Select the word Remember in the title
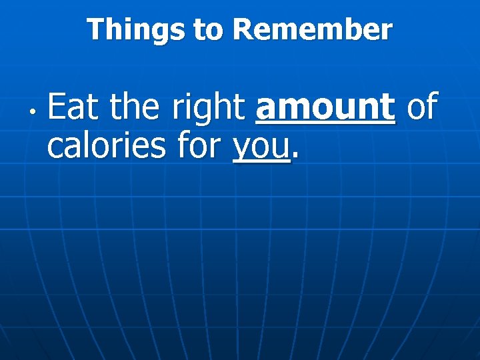[313, 30]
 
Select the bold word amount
[325, 107]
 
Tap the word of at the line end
[421, 107]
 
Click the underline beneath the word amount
[325, 123]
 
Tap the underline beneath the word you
[261, 162]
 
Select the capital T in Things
[95, 30]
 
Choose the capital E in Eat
[55, 107]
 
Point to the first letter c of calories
[55, 149]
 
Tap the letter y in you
[241, 150]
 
